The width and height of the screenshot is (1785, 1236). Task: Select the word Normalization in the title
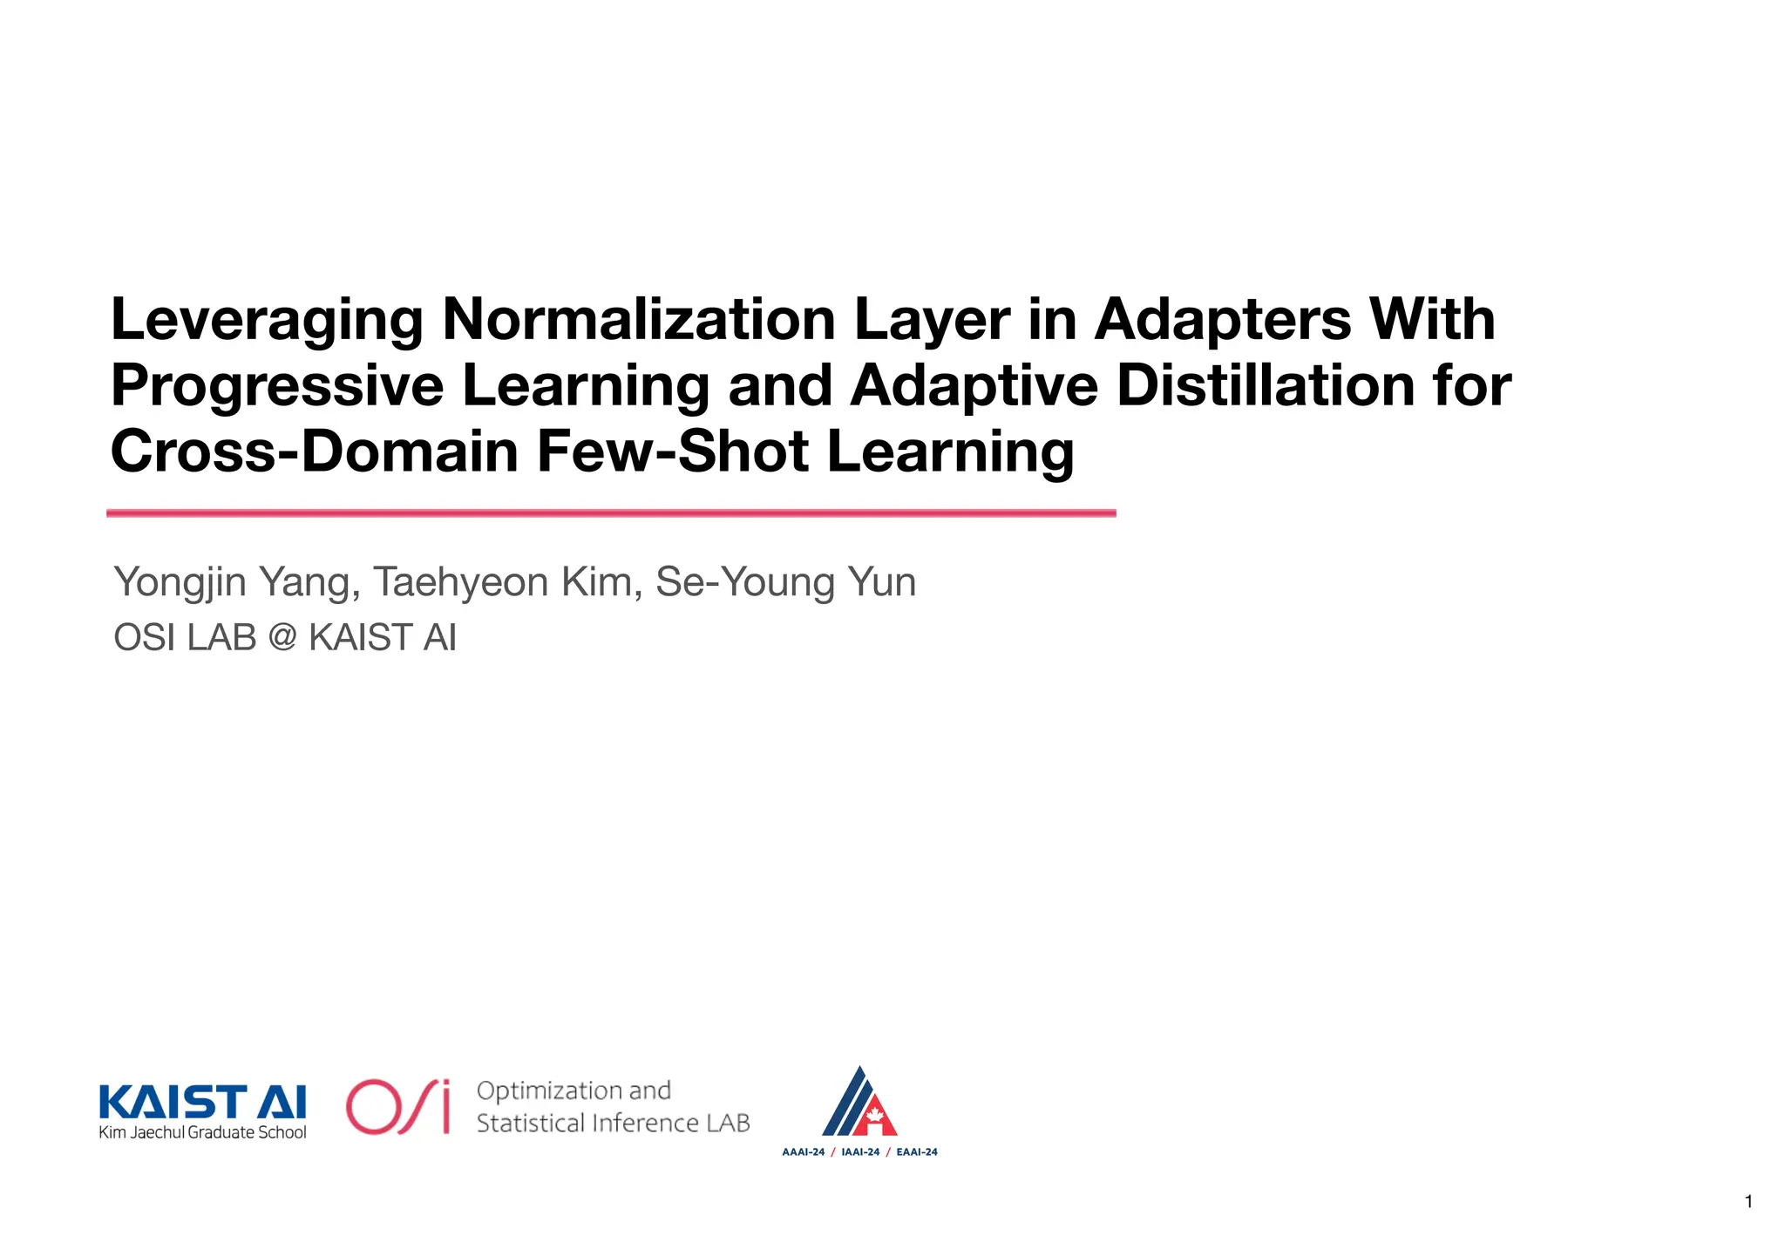tap(639, 320)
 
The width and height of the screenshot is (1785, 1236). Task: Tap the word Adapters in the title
tap(1223, 320)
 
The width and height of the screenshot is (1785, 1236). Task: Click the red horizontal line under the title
tap(610, 513)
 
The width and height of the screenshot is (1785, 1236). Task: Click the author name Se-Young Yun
tap(785, 582)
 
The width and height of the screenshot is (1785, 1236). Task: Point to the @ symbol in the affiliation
tap(283, 638)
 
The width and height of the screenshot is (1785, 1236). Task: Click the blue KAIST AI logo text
tap(202, 1102)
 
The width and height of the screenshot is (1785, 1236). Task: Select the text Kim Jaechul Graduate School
tap(202, 1133)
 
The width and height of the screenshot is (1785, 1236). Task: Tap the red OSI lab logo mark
tap(397, 1107)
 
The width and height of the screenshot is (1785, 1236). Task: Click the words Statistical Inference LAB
tap(613, 1124)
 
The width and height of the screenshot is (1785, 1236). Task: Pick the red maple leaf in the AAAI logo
tap(874, 1116)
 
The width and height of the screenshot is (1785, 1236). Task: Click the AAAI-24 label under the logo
tap(803, 1152)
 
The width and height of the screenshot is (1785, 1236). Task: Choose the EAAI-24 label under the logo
tap(917, 1152)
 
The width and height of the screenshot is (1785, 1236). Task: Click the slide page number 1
tap(1748, 1202)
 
